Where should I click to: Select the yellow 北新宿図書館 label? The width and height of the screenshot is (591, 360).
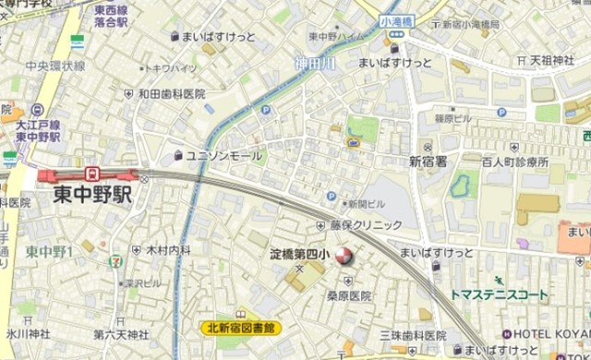coord(241,327)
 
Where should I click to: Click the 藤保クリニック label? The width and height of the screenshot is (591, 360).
coord(367,225)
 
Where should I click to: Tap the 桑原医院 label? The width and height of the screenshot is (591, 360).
coord(346,296)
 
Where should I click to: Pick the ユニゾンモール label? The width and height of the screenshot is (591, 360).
coord(224,156)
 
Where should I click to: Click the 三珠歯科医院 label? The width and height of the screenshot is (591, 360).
coord(413,335)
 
